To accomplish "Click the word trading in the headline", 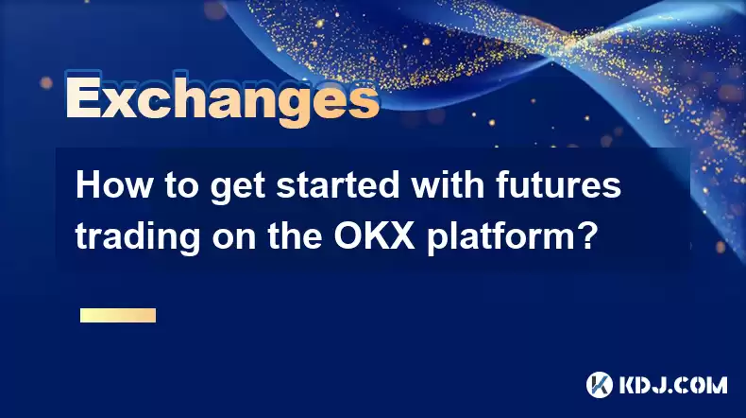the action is click(138, 236).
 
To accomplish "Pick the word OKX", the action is click(374, 236).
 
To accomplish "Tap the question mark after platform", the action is click(585, 235).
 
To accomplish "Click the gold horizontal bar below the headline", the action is click(118, 315).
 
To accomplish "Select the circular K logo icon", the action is click(600, 385).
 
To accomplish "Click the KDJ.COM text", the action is click(673, 385).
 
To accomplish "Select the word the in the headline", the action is click(295, 236).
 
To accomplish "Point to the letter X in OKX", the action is click(401, 236).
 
